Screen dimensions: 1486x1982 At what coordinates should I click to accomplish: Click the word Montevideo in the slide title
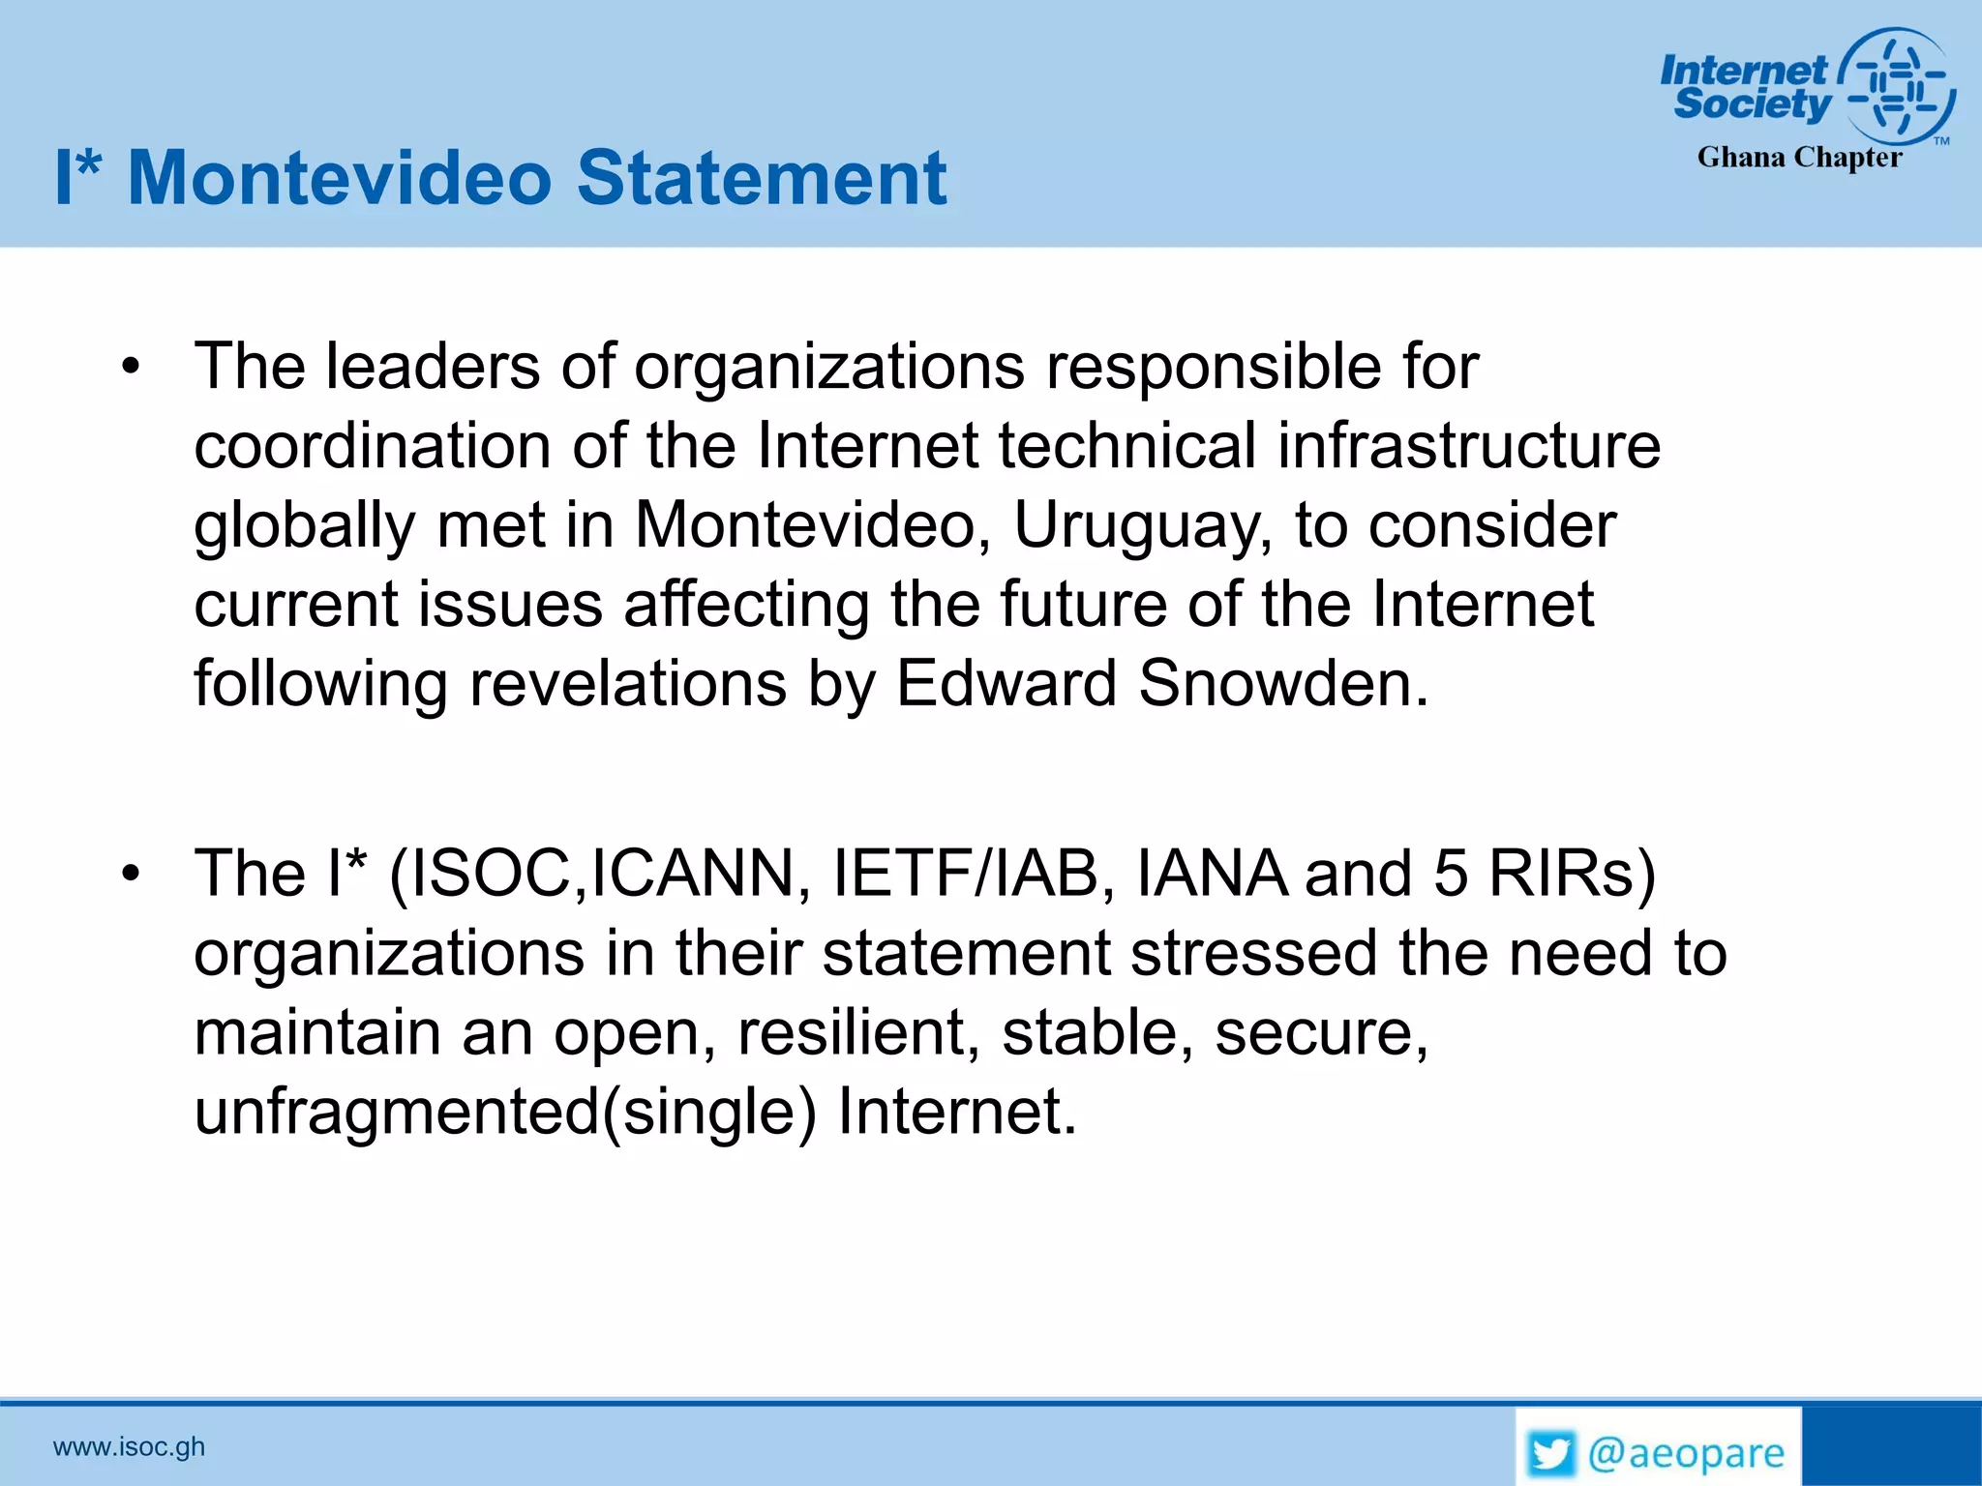(x=339, y=178)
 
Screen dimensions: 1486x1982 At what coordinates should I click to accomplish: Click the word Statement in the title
(x=762, y=178)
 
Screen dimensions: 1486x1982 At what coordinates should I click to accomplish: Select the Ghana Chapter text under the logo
(x=1799, y=158)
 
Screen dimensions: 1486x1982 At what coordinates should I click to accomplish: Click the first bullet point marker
(x=131, y=367)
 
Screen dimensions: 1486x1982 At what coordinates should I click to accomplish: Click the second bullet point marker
(x=131, y=874)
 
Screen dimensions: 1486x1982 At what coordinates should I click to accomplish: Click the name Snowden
(x=1283, y=684)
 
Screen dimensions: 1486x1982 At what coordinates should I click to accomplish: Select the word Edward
(x=1006, y=684)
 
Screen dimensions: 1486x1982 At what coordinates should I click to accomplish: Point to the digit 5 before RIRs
(x=1450, y=874)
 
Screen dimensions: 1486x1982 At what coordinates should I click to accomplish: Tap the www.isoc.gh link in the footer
(x=129, y=1447)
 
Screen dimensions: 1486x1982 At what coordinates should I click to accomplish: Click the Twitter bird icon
(x=1551, y=1454)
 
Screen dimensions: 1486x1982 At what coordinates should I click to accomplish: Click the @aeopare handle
(x=1686, y=1454)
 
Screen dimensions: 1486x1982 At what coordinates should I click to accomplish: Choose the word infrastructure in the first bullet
(x=1468, y=446)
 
